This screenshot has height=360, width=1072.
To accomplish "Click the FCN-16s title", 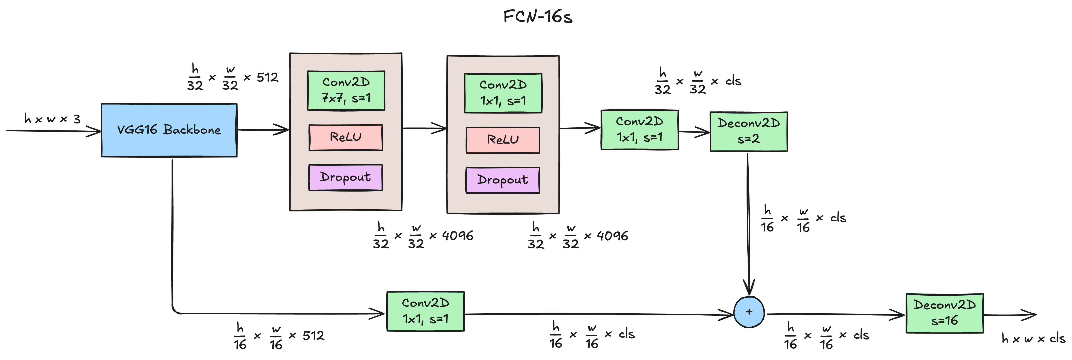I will (538, 17).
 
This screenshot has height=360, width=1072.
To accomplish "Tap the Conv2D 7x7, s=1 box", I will (346, 90).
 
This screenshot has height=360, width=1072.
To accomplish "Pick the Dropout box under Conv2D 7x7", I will (345, 177).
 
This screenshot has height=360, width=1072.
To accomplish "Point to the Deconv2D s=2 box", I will (748, 131).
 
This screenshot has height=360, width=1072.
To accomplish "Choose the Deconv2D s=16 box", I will (944, 313).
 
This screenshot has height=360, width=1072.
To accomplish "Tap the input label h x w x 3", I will (52, 119).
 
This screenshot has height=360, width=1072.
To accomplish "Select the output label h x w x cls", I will (1033, 338).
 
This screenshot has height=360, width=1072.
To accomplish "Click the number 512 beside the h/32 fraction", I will (267, 77).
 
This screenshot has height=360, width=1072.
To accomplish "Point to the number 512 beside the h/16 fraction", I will (313, 335).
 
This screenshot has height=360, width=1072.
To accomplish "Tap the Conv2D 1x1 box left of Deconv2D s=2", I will (639, 129).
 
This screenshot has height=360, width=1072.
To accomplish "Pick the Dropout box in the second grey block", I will (503, 180).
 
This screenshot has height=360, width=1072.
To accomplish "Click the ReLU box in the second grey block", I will (503, 140).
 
